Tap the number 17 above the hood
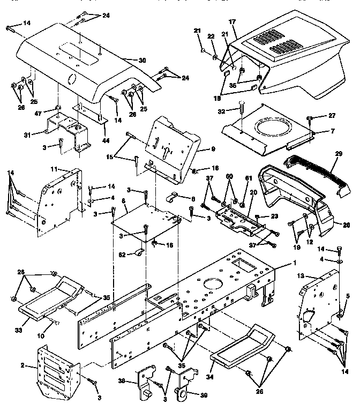point(232,23)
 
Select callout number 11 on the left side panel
point(54,169)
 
